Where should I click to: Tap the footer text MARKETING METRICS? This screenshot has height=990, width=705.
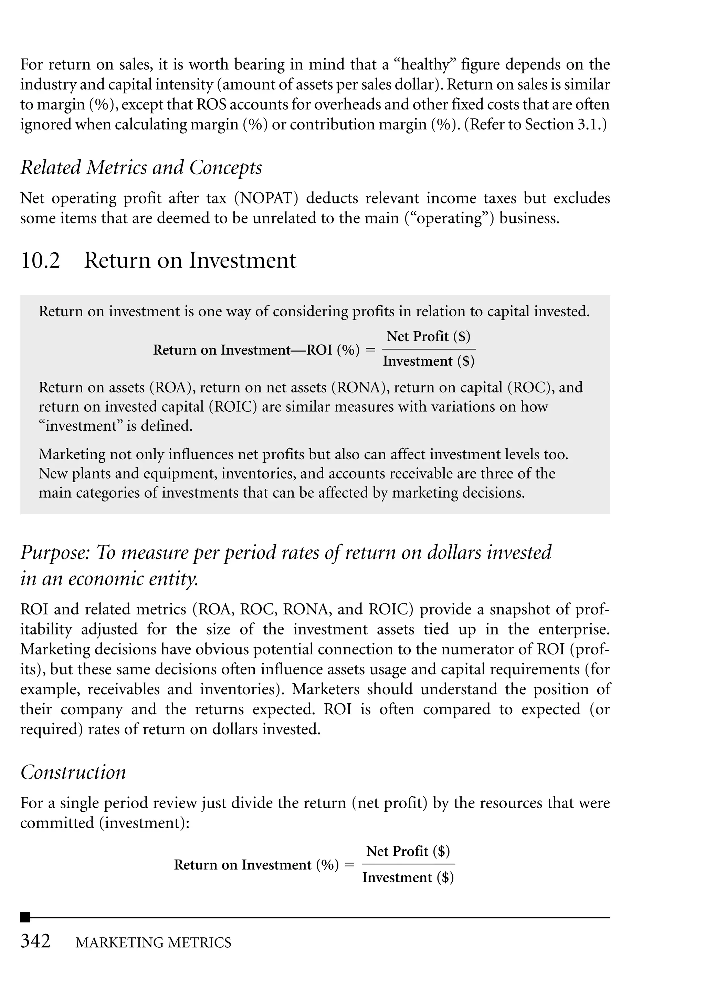tap(153, 943)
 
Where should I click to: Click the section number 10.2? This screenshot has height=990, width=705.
tap(40, 261)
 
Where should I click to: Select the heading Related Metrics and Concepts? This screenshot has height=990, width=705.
tap(141, 168)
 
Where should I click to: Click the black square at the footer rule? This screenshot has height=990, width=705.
tap(25, 917)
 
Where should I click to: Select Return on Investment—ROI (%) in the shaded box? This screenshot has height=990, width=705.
tap(256, 350)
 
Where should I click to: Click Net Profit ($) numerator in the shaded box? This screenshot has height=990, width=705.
tap(429, 336)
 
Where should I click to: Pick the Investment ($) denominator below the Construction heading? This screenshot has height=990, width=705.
tap(408, 877)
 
